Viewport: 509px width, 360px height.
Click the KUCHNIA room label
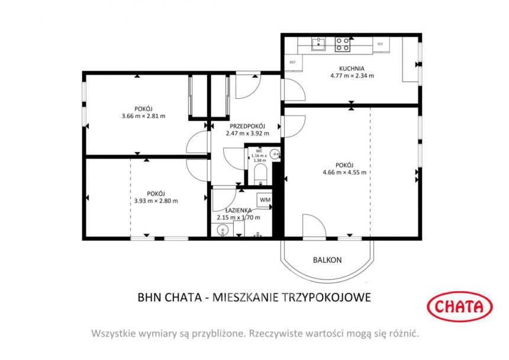(x=352, y=68)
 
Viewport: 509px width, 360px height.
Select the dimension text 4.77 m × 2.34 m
(x=352, y=76)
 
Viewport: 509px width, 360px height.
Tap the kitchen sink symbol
(x=319, y=43)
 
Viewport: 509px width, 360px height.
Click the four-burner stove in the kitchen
(x=343, y=43)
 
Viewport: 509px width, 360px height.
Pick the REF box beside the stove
(x=380, y=44)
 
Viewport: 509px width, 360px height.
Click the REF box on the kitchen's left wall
(x=292, y=62)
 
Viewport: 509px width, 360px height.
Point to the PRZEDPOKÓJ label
(x=247, y=126)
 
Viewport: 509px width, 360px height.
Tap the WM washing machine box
(x=265, y=200)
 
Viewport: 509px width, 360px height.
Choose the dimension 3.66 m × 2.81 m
(x=143, y=116)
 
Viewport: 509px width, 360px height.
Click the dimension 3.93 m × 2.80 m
(x=156, y=201)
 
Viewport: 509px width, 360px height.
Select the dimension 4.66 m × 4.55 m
(x=344, y=172)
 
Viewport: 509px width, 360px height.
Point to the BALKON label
(x=327, y=260)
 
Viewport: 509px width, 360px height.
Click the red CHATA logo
(x=459, y=306)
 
